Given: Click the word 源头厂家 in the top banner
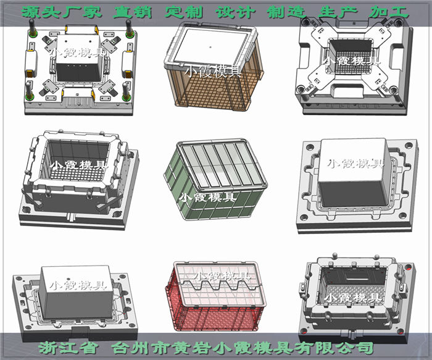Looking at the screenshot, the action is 62,12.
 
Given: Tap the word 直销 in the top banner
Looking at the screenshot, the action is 133,12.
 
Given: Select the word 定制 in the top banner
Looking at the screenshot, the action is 184,12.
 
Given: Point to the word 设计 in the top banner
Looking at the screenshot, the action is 235,12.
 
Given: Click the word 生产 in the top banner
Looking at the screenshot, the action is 338,12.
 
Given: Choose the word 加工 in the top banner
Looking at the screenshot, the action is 389,12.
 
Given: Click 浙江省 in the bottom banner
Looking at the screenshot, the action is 68,348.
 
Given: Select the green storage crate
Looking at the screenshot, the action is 216,180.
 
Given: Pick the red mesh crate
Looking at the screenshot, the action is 216,296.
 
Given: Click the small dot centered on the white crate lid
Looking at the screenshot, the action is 211,47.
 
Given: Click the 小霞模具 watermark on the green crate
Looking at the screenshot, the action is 207,198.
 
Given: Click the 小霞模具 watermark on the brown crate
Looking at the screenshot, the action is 213,72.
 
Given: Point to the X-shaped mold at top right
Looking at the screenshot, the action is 354,66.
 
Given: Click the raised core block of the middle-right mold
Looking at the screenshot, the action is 355,172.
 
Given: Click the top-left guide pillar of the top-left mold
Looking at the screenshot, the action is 33,28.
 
